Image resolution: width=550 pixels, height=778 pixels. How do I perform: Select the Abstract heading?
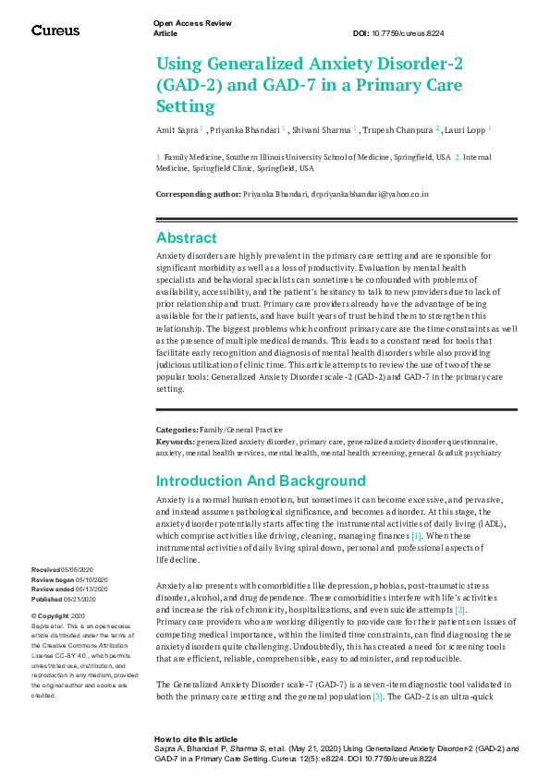click(186, 237)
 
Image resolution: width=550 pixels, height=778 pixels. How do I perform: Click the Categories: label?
click(176, 430)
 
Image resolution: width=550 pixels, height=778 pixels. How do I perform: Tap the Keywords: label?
click(175, 442)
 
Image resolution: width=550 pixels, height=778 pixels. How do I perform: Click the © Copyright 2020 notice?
click(58, 615)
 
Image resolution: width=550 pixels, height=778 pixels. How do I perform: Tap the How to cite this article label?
click(196, 739)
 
